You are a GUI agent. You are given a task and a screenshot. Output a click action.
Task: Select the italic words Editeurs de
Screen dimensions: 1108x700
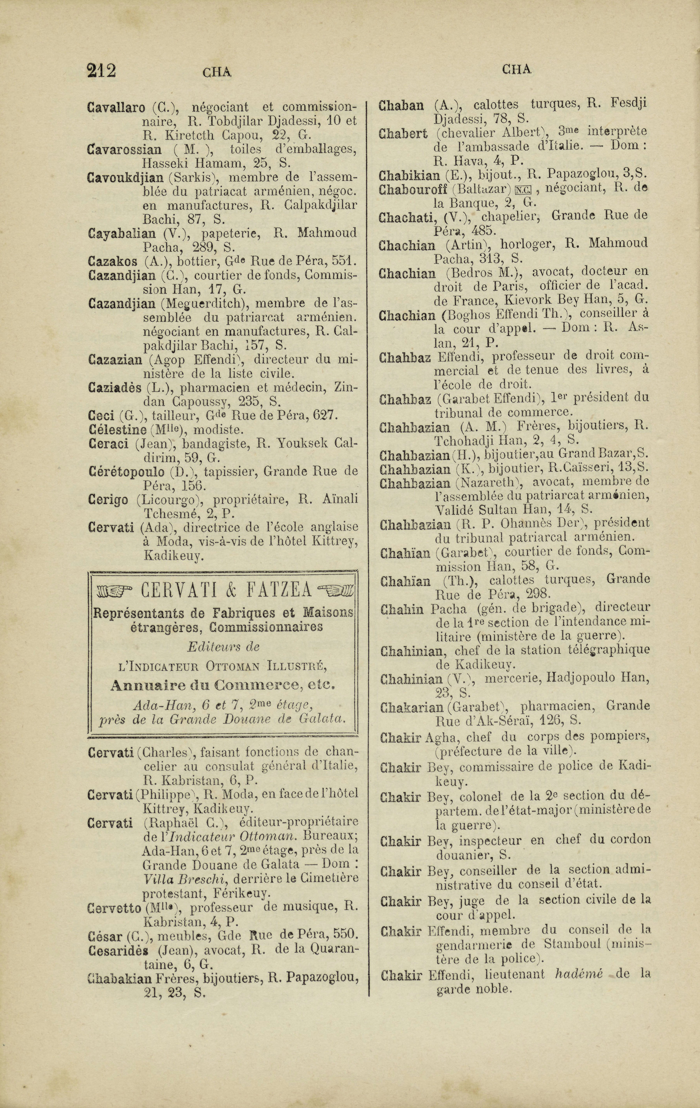(223, 647)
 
